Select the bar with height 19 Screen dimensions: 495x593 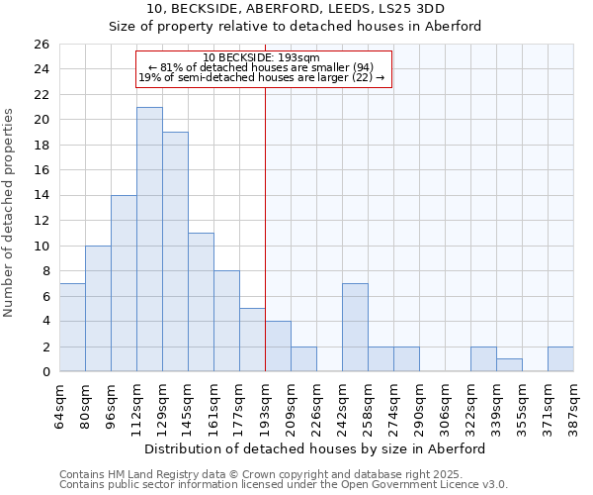click(175, 251)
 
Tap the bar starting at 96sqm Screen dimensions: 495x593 click(124, 283)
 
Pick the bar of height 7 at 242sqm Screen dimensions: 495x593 click(355, 328)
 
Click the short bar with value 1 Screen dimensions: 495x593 click(509, 365)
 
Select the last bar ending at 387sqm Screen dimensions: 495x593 click(560, 359)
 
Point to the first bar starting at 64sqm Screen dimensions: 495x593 click(72, 328)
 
